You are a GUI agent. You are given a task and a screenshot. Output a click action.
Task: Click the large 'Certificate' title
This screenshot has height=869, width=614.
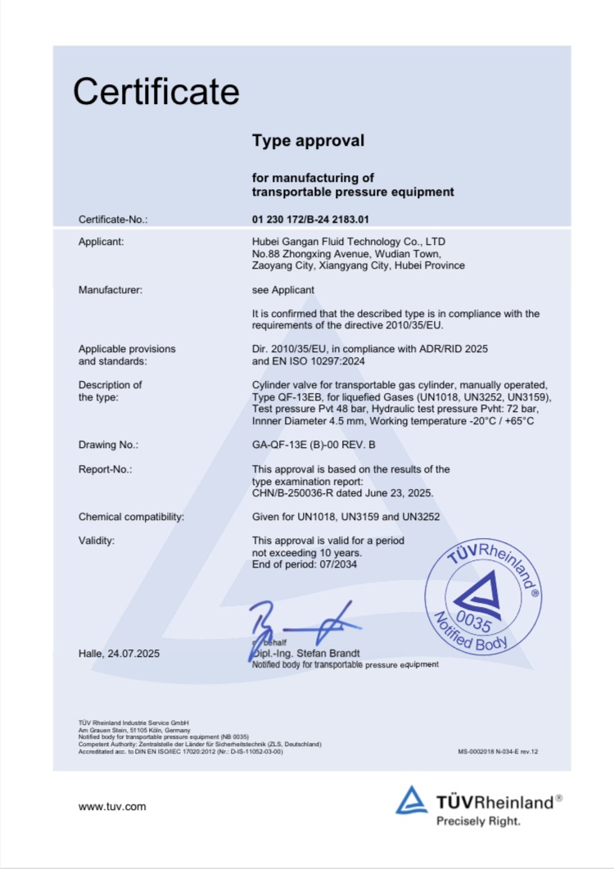(156, 92)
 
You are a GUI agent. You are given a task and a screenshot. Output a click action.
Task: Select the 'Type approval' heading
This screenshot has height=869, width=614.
(308, 141)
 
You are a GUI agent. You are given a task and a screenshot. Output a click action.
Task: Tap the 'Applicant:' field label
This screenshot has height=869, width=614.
(102, 242)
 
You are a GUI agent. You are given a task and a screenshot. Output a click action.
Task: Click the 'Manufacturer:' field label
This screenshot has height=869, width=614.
(111, 290)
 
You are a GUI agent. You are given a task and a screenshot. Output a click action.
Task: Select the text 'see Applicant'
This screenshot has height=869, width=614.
(283, 290)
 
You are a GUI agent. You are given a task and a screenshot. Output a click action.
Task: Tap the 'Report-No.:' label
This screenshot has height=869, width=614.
(106, 469)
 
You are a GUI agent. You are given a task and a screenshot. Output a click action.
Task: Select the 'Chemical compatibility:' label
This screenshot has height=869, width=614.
(131, 517)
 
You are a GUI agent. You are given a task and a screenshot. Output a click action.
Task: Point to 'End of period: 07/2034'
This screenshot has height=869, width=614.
(305, 564)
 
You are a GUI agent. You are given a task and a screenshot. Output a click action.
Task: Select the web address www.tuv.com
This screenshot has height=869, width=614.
(112, 807)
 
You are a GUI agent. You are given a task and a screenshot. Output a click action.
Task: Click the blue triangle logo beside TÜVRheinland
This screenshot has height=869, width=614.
(412, 800)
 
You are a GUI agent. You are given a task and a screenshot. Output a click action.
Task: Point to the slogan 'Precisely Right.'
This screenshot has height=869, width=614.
(477, 820)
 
